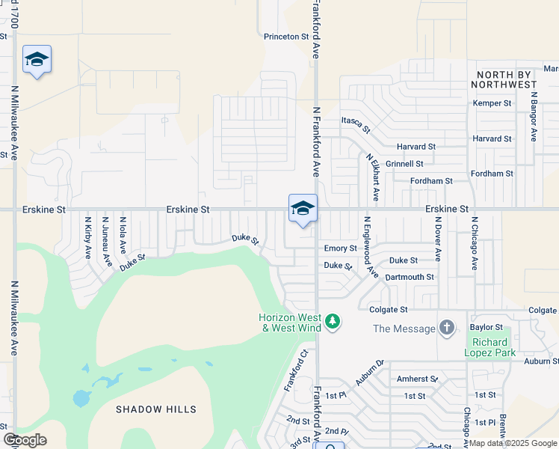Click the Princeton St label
coord(286,36)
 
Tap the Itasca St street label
coord(356,124)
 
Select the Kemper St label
coord(492,103)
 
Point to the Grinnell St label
coord(405,163)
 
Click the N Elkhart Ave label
coord(371,178)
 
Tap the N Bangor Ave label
coord(534,117)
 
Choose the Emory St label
coord(340,248)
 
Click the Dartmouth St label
coord(410,277)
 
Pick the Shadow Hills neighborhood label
coord(156,409)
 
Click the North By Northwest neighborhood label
coord(505,79)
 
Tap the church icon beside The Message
coord(446,328)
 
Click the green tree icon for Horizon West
coord(333,323)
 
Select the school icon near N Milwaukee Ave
coord(37,60)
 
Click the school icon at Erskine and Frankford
coord(303,209)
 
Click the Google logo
coord(25,440)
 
